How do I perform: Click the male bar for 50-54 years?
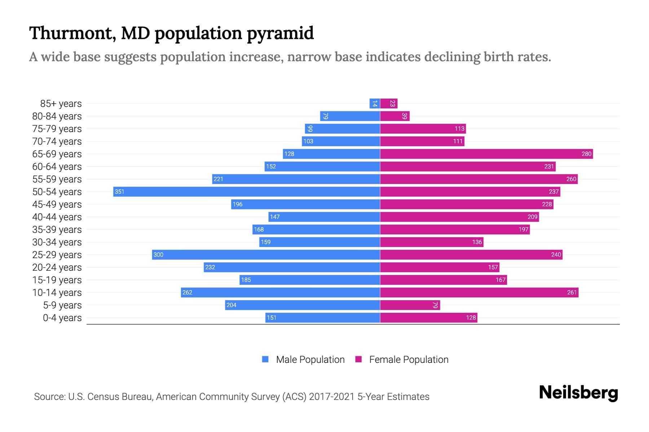coord(247,192)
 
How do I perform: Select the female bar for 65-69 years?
coord(486,154)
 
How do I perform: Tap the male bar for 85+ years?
coord(375,103)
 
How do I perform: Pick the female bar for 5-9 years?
coord(410,305)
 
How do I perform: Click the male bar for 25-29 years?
coord(266,255)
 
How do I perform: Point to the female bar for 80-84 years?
coord(395,116)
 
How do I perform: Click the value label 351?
coord(119,192)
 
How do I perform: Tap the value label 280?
coord(586,154)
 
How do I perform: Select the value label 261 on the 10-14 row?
coord(572,292)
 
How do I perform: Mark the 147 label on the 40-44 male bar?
coord(275,217)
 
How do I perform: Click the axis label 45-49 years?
coord(57,204)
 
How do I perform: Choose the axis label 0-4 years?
coord(62,318)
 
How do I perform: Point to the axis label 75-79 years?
coord(57,129)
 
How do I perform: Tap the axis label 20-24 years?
coord(57,267)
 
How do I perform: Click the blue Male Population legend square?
coord(265,359)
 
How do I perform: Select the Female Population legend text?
coord(409,359)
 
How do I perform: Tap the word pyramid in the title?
coord(280,33)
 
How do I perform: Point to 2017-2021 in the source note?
coord(332,396)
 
